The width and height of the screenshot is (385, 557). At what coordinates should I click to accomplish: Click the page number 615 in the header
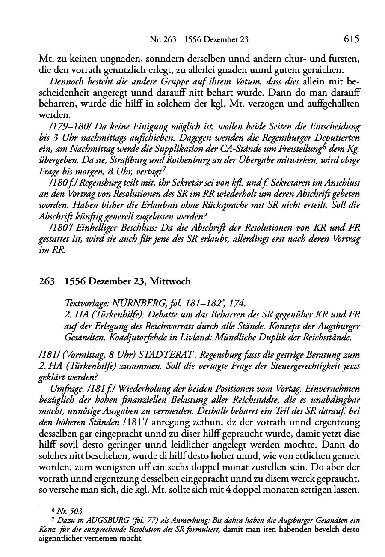[x=351, y=40]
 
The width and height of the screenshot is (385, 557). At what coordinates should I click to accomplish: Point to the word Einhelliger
[x=79, y=227]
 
